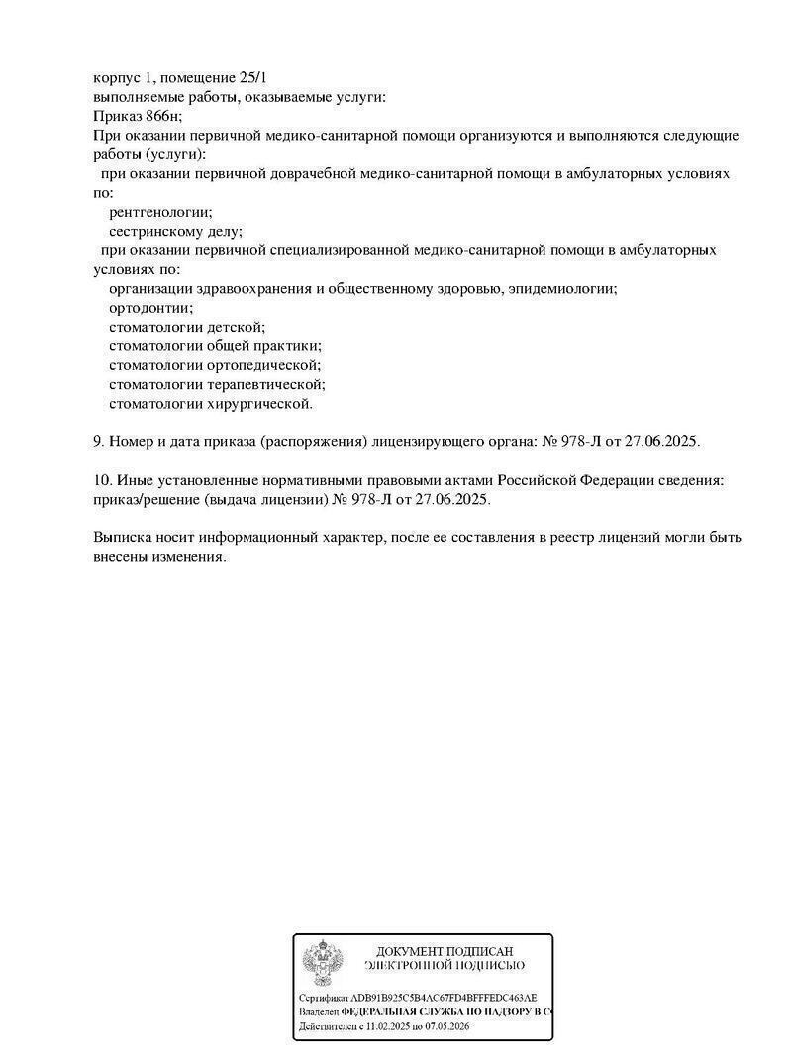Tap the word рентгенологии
click(x=160, y=212)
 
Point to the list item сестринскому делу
click(x=174, y=231)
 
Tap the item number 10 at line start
click(x=101, y=480)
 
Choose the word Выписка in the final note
click(x=121, y=538)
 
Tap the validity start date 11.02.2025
click(x=377, y=1027)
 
